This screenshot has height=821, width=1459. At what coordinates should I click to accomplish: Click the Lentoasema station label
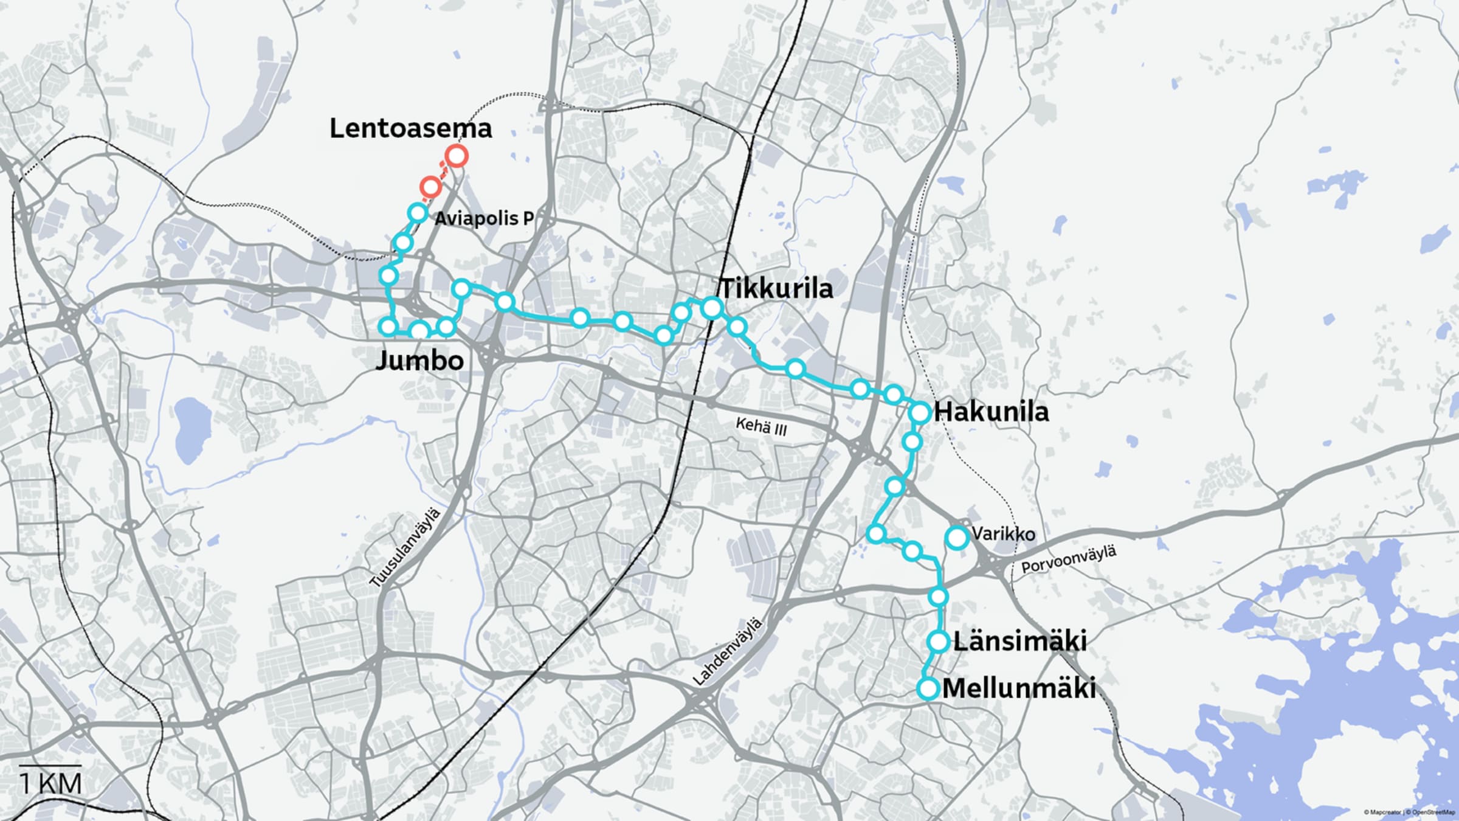(410, 128)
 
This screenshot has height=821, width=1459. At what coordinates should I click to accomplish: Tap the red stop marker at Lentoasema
(456, 156)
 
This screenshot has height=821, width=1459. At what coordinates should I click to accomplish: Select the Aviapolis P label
(484, 218)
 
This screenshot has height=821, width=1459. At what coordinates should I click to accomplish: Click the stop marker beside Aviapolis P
(418, 213)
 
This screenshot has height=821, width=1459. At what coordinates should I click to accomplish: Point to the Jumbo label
(419, 361)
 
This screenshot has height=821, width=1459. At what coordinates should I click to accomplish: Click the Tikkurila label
(776, 288)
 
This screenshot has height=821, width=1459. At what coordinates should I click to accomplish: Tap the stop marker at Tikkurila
(711, 308)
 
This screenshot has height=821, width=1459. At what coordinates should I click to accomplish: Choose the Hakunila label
(991, 412)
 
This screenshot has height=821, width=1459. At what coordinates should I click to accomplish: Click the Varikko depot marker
(957, 537)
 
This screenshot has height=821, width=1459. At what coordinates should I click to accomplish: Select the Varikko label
(1003, 534)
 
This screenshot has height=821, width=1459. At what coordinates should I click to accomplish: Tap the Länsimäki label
(1019, 641)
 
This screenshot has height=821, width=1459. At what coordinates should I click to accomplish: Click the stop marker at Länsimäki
(939, 641)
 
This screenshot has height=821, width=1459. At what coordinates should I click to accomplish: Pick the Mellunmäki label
(1019, 688)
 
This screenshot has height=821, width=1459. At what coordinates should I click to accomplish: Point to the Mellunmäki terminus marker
(928, 689)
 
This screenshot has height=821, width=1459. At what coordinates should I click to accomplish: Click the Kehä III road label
(761, 426)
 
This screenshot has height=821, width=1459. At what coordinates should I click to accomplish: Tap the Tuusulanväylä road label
(405, 548)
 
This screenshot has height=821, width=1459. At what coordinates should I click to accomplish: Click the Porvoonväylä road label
(1069, 559)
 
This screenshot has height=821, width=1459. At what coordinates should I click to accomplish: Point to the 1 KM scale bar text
(51, 783)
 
